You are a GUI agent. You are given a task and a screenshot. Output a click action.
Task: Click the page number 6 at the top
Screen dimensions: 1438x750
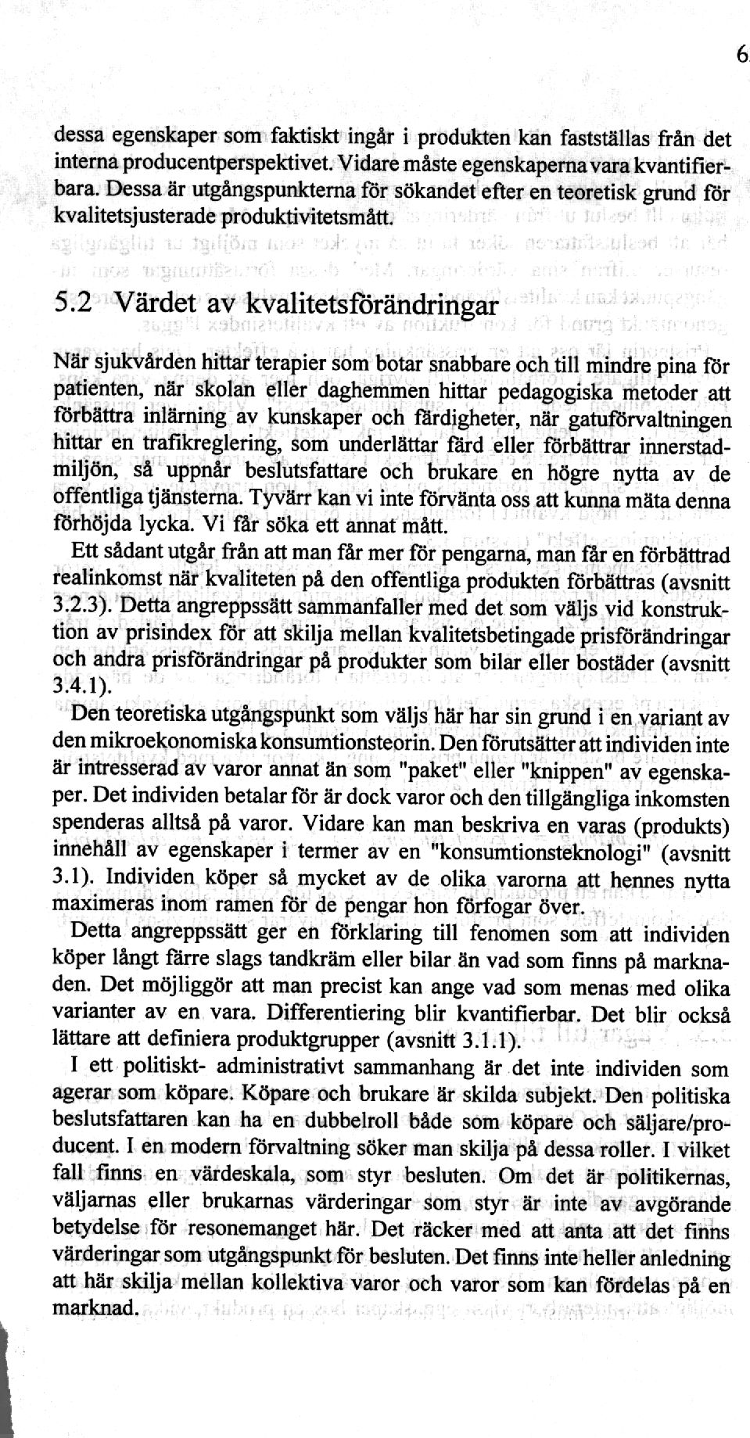click(741, 56)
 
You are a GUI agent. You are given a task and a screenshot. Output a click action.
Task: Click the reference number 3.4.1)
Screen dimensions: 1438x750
click(79, 688)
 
